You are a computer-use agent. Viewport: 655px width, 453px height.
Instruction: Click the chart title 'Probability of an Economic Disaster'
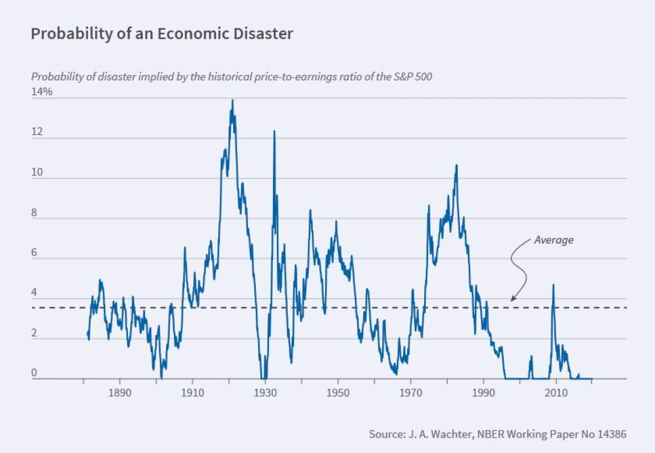pyautogui.click(x=161, y=34)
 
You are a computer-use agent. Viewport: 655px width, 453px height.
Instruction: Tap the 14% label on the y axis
pyautogui.click(x=42, y=91)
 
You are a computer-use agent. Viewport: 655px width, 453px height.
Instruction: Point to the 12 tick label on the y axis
pyautogui.click(x=36, y=131)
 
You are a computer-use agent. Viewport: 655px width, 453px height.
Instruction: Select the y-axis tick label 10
pyautogui.click(x=36, y=172)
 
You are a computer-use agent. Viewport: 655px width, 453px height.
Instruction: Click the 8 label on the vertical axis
pyautogui.click(x=35, y=212)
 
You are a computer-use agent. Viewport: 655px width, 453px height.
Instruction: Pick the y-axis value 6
pyautogui.click(x=35, y=253)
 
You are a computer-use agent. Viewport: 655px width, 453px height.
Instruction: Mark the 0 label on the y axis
pyautogui.click(x=35, y=373)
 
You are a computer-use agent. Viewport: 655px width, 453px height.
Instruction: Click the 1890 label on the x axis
pyautogui.click(x=119, y=393)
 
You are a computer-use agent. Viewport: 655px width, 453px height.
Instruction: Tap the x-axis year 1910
pyautogui.click(x=192, y=393)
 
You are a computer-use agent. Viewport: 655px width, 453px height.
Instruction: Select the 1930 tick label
pyautogui.click(x=265, y=393)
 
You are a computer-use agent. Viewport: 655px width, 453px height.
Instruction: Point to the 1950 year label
pyautogui.click(x=338, y=393)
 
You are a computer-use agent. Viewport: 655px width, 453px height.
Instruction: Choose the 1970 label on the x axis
pyautogui.click(x=411, y=393)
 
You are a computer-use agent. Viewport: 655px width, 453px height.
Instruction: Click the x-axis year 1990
pyautogui.click(x=483, y=393)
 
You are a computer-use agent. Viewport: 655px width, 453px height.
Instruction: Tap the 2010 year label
pyautogui.click(x=556, y=393)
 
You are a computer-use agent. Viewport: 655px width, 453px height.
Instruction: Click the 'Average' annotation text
pyautogui.click(x=553, y=240)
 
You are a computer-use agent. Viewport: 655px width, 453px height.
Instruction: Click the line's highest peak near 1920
pyautogui.click(x=232, y=101)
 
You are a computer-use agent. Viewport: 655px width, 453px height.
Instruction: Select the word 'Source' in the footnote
pyautogui.click(x=385, y=434)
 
